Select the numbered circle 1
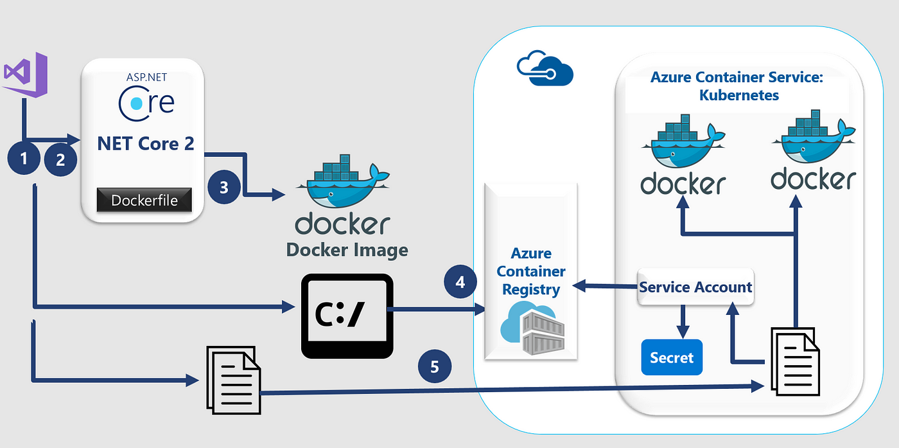[x=24, y=158]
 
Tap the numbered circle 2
[x=60, y=159]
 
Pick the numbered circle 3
[x=224, y=187]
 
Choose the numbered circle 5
[x=435, y=366]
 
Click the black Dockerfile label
[x=144, y=200]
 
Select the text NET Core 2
[x=145, y=143]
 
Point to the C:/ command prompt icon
[x=347, y=316]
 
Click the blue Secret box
[x=672, y=357]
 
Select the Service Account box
[x=695, y=287]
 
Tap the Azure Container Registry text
[x=531, y=271]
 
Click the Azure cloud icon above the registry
[x=545, y=69]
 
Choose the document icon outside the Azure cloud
[x=232, y=380]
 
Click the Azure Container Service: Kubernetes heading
[x=737, y=86]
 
